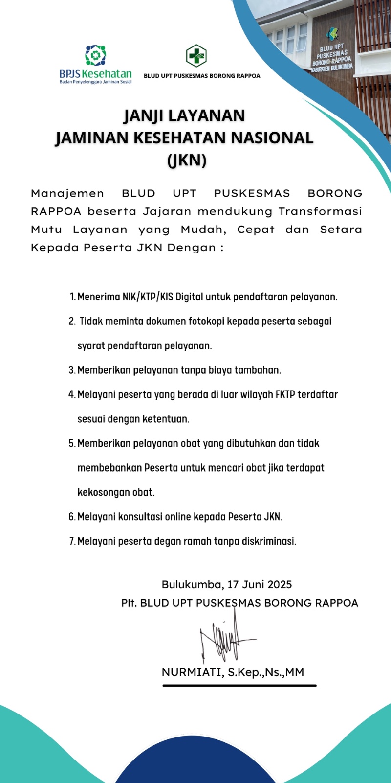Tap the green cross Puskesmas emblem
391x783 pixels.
point(196,55)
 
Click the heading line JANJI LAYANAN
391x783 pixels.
point(184,116)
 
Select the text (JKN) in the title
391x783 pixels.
point(187,160)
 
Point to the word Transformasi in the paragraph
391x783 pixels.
point(320,211)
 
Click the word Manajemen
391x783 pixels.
point(67,193)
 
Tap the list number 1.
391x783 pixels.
point(72,297)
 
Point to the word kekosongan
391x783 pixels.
point(104,492)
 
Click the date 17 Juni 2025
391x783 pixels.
point(260,584)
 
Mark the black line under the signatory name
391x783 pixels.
point(239,686)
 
